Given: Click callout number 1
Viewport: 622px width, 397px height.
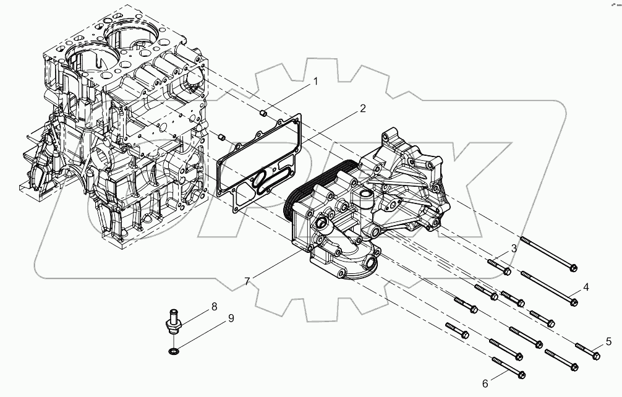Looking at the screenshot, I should tap(315, 81).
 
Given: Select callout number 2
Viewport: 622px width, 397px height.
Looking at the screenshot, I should tap(362, 108).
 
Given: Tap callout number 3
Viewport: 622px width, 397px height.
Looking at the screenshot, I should tap(513, 249).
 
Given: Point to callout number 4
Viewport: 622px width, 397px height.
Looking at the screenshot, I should tap(585, 286).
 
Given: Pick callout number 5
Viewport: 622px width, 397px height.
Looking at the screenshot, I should tap(608, 341).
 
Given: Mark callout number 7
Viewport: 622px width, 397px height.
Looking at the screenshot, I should tap(247, 281).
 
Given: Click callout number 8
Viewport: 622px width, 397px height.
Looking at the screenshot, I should tap(214, 305).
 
